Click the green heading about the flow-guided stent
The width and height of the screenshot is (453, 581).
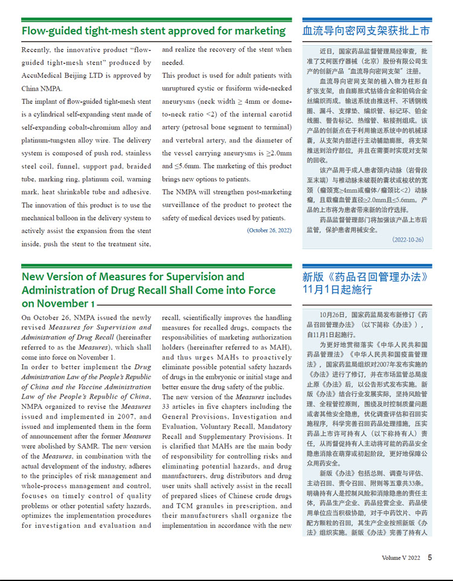(x=153, y=31)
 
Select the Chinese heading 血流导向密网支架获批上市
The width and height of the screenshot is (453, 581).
(x=366, y=31)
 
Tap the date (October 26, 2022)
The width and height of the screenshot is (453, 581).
(x=269, y=230)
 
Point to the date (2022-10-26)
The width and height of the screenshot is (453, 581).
(x=408, y=240)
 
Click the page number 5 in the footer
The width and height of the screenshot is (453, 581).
(x=430, y=557)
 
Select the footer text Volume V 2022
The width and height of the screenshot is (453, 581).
(x=400, y=558)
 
